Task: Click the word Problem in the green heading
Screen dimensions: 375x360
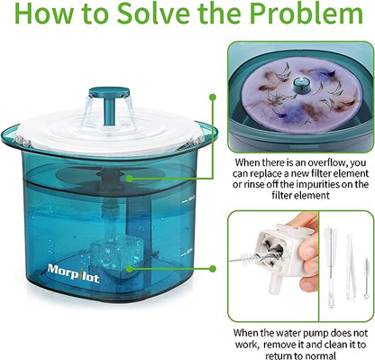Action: pyautogui.click(x=306, y=14)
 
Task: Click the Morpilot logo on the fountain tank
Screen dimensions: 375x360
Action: pyautogui.click(x=73, y=272)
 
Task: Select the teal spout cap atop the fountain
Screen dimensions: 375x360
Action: pyautogui.click(x=109, y=91)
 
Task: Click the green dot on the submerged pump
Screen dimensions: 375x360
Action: pyautogui.click(x=129, y=268)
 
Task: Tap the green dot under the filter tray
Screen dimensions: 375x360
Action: pyautogui.click(x=129, y=179)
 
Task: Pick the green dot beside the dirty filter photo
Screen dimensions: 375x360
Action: pyautogui.click(x=213, y=97)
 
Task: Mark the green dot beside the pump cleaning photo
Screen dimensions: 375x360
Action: pyautogui.click(x=213, y=268)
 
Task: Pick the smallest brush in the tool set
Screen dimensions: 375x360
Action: pyautogui.click(x=366, y=278)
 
